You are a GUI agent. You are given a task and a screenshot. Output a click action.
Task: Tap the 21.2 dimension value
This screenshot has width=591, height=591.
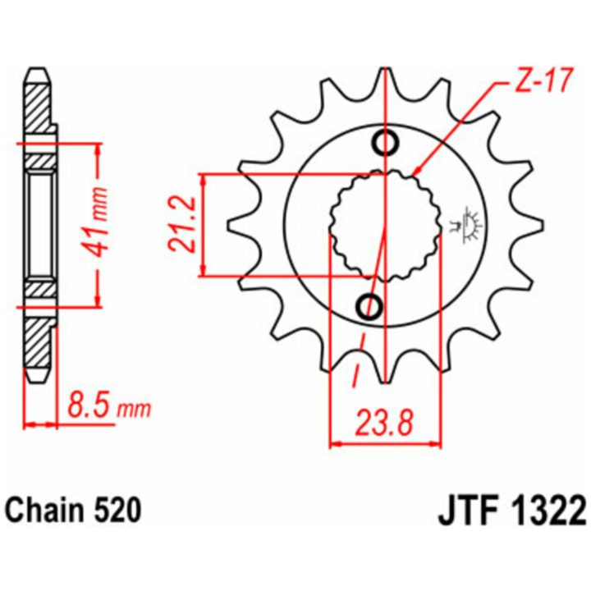(x=182, y=224)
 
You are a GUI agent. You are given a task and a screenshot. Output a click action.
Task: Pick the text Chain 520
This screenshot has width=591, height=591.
(x=74, y=511)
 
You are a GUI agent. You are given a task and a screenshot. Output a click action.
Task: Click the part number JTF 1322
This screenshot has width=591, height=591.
(x=511, y=511)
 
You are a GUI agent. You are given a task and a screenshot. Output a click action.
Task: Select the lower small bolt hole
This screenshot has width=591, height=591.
(x=369, y=306)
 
